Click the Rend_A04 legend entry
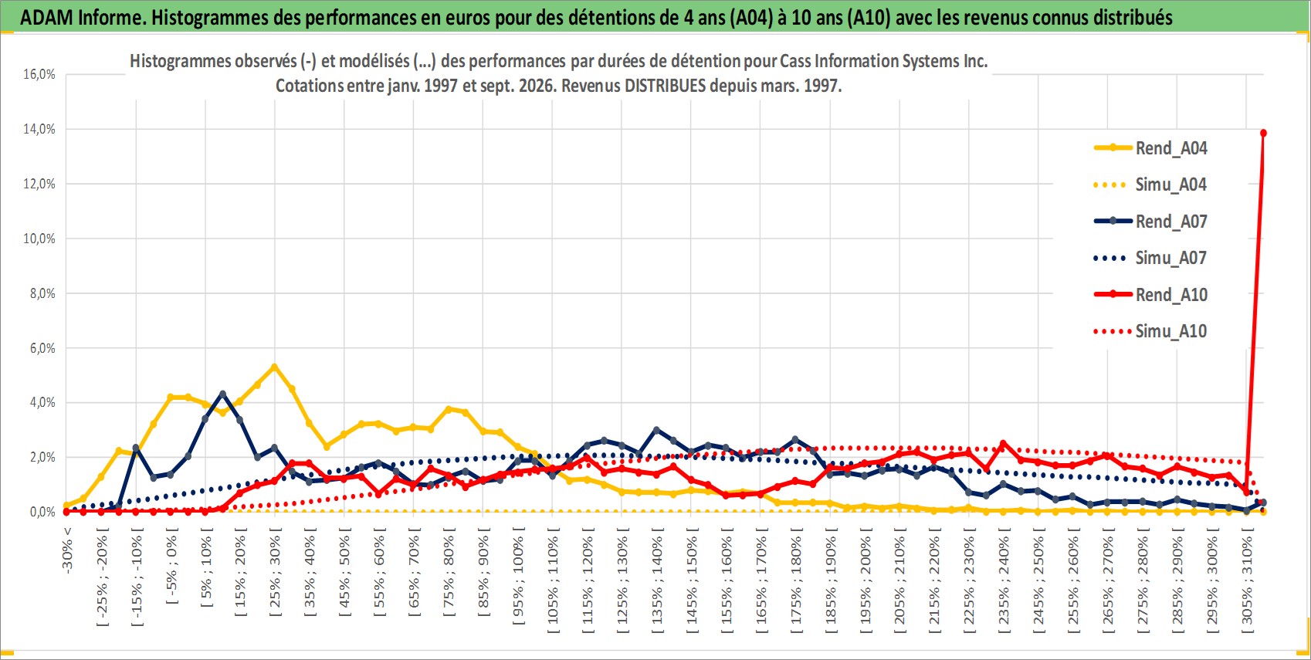(x=1150, y=148)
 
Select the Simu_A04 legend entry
(x=1150, y=185)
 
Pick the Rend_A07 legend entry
(x=1150, y=222)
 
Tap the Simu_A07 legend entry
(x=1150, y=258)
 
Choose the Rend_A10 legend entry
(x=1150, y=294)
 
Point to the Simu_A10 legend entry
(x=1150, y=331)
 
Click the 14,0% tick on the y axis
(x=39, y=130)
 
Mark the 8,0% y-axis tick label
(x=42, y=293)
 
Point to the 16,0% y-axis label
(x=39, y=74)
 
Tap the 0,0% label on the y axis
(x=42, y=512)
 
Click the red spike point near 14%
(x=1263, y=134)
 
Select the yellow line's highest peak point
(x=274, y=367)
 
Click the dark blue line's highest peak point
(x=222, y=394)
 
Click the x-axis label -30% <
(x=67, y=550)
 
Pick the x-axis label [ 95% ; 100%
(x=518, y=577)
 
